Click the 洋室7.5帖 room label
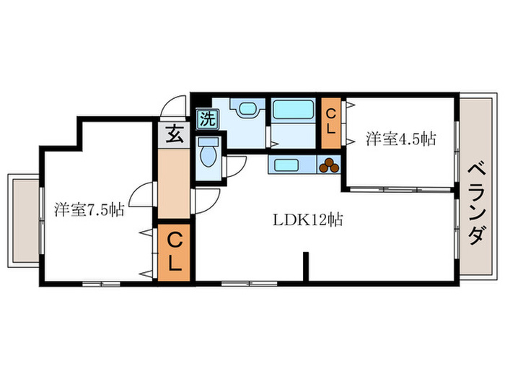(89, 210)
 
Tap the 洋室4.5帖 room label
(400, 139)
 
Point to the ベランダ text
(476, 204)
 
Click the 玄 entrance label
(174, 134)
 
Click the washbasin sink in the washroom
(246, 110)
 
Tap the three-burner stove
(330, 165)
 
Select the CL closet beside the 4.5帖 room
(331, 121)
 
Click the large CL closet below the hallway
(174, 251)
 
